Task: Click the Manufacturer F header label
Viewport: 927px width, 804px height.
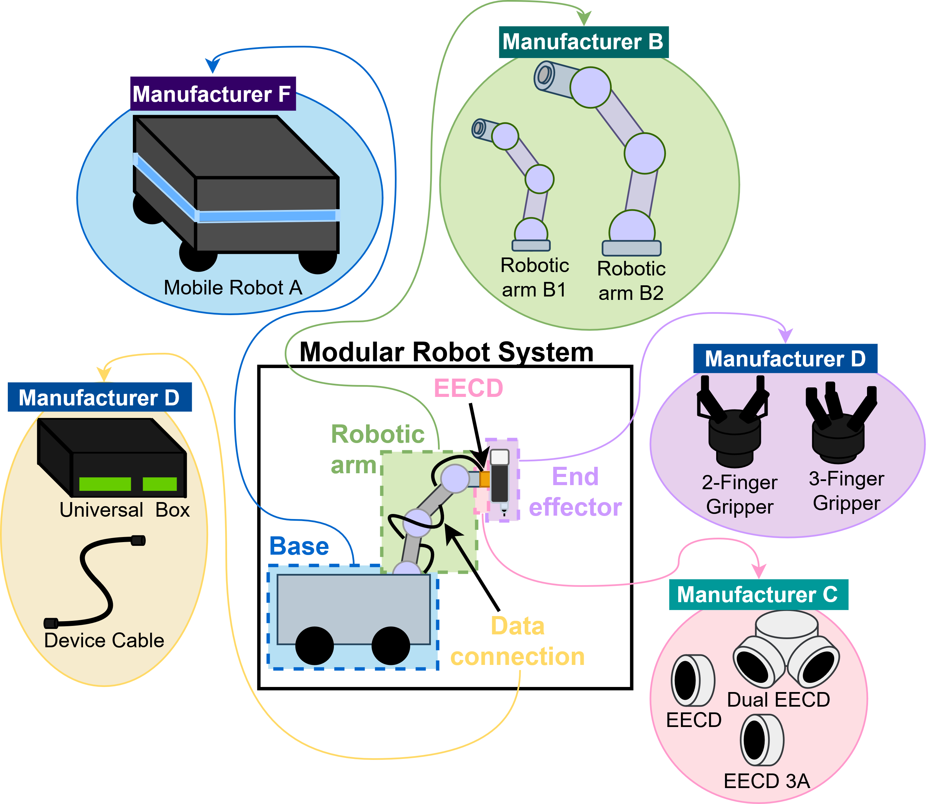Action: [213, 94]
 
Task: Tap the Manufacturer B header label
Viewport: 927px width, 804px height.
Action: [583, 42]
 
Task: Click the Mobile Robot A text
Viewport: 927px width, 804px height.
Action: [233, 288]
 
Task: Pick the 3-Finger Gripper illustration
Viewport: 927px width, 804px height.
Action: [839, 424]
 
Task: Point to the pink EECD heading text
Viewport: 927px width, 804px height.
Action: [468, 388]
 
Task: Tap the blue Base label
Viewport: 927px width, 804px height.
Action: [299, 547]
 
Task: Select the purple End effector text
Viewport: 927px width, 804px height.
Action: [575, 492]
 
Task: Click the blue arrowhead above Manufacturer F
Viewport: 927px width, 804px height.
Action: [213, 65]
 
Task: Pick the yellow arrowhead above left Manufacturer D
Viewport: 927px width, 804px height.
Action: [104, 374]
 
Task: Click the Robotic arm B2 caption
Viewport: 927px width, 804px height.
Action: [631, 281]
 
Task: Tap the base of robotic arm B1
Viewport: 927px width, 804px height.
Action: [531, 245]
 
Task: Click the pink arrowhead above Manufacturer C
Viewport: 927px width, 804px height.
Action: [759, 571]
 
